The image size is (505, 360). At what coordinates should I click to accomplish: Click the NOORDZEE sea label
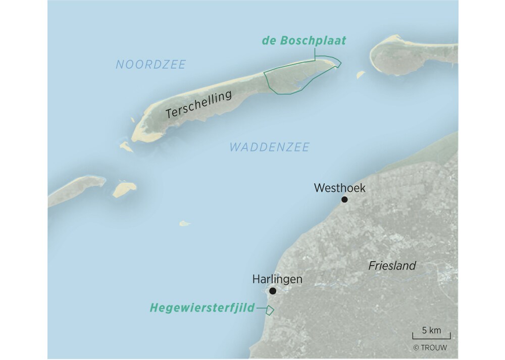tap(150, 65)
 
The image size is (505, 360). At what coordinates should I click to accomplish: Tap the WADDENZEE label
tap(269, 147)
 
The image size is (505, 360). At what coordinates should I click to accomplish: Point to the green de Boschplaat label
tap(304, 41)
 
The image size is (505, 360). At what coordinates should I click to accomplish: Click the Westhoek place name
tap(339, 188)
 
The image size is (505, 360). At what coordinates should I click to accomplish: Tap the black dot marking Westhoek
tap(344, 199)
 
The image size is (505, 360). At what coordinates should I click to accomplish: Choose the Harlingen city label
tap(277, 279)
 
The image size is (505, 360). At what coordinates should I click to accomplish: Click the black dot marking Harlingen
tap(273, 291)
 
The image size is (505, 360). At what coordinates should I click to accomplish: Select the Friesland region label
tap(392, 266)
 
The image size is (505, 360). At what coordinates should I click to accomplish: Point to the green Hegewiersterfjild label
tap(202, 307)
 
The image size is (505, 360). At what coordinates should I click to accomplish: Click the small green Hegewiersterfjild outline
tap(270, 310)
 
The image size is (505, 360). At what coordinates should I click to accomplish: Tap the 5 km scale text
tap(431, 331)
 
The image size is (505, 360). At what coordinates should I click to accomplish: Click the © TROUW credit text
tap(430, 347)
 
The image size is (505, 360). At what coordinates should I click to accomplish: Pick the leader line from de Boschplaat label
tap(315, 54)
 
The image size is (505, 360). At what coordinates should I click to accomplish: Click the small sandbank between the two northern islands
tap(361, 75)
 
